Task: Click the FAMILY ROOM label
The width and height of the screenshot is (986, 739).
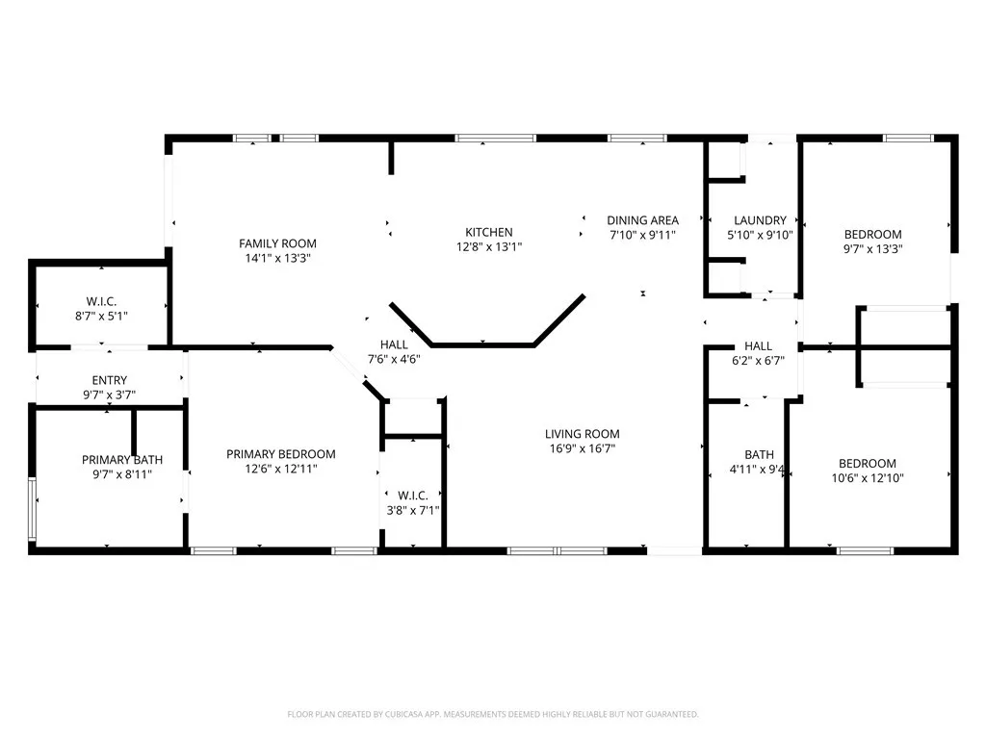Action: [x=277, y=243]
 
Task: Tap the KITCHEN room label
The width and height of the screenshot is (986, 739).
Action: [x=489, y=232]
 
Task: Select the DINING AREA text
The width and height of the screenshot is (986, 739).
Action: [x=642, y=220]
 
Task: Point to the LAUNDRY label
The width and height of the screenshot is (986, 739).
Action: [x=760, y=220]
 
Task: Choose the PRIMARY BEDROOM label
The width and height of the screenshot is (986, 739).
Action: [x=280, y=454]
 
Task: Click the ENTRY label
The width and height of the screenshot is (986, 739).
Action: [x=109, y=381]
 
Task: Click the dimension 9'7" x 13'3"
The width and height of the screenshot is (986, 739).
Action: [x=872, y=248]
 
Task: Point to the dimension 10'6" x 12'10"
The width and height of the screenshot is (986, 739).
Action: [x=867, y=477]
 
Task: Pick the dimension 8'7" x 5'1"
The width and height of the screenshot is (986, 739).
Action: [x=102, y=315]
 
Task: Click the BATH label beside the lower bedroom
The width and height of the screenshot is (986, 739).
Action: [x=759, y=455]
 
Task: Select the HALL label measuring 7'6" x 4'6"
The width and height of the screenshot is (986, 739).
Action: [x=394, y=344]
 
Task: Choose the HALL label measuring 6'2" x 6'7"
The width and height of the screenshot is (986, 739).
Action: [x=758, y=346]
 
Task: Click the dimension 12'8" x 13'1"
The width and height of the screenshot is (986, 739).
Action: [x=489, y=246]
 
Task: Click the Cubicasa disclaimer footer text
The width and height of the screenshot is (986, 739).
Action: [x=493, y=714]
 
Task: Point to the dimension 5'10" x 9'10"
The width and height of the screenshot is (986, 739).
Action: [x=760, y=234]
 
